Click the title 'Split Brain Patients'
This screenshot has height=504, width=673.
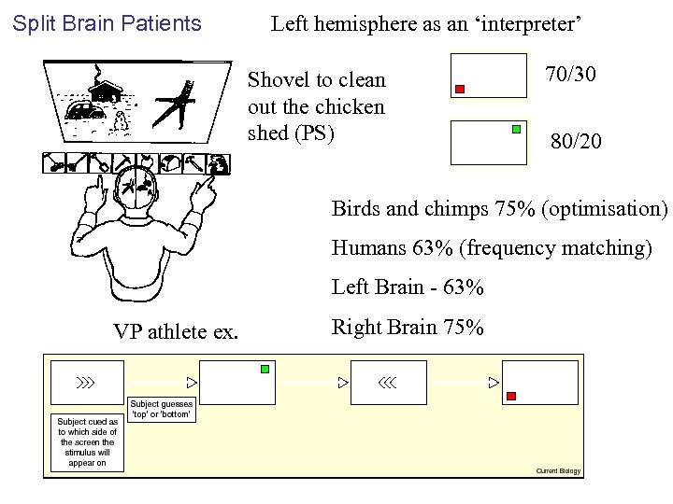click(107, 22)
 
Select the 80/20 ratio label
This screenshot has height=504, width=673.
click(576, 141)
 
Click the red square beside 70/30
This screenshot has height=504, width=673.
click(459, 90)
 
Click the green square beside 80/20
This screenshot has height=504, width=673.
click(516, 130)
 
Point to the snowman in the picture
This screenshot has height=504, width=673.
click(120, 119)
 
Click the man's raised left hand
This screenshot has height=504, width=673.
click(202, 191)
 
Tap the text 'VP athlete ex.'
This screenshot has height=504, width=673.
click(176, 330)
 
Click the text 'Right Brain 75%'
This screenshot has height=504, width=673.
click(408, 328)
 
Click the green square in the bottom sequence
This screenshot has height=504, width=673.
click(265, 370)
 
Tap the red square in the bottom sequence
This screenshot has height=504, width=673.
click(510, 396)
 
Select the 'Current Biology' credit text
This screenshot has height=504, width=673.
click(558, 470)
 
